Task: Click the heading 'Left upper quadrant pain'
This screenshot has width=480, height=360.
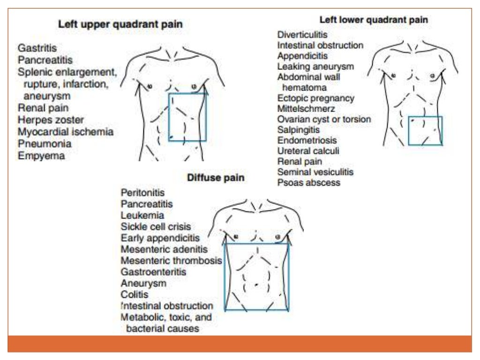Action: [x=120, y=24]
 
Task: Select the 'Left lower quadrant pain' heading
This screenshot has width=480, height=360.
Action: [x=373, y=20]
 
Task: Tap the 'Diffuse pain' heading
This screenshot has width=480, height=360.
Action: [x=216, y=178]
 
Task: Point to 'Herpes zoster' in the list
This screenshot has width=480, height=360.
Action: [x=51, y=120]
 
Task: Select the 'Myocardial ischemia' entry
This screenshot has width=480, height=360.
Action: [x=66, y=132]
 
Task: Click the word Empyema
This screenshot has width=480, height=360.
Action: [x=41, y=156]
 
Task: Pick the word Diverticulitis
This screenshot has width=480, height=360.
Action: [x=302, y=35]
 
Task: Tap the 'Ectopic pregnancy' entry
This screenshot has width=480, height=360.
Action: [x=315, y=98]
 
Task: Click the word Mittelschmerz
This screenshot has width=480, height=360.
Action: [x=306, y=109]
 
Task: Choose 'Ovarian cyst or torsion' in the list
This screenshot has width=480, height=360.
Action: [x=324, y=119]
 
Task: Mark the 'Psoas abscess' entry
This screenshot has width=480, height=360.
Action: [x=308, y=182]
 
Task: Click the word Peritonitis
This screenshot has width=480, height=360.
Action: [x=142, y=193]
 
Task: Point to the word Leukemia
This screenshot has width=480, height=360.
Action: [x=142, y=216]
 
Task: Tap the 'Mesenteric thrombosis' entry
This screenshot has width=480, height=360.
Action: [x=171, y=261]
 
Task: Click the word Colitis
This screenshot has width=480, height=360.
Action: [x=135, y=294]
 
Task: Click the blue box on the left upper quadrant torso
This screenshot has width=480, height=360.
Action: [x=187, y=117]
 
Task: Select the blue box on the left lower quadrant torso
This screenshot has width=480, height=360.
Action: [x=425, y=131]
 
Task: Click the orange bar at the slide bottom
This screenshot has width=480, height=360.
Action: [x=240, y=343]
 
